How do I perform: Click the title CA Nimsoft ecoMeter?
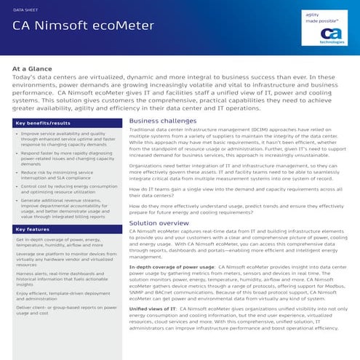pos(84,26)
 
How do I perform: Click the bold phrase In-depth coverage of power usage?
pos(172,267)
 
